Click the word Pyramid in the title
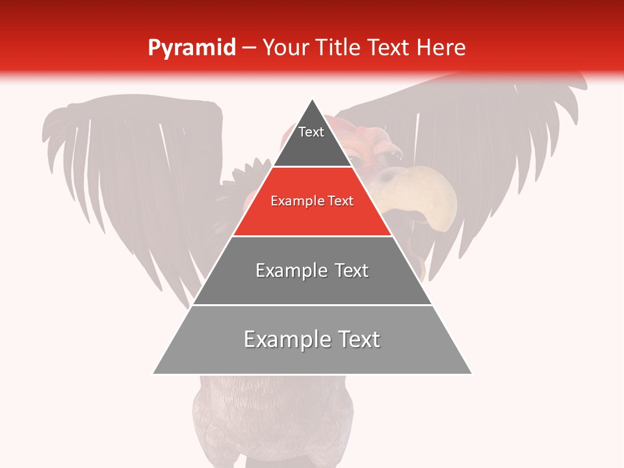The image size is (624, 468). [192, 48]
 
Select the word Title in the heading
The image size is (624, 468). [339, 47]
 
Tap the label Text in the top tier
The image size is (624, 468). [311, 132]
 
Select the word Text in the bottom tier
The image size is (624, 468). [357, 339]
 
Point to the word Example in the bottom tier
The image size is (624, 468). [283, 339]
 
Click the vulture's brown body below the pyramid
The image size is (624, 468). [273, 416]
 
